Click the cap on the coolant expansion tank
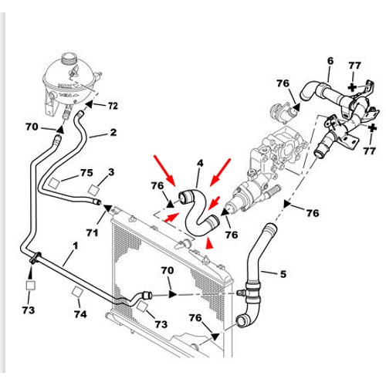click(x=69, y=59)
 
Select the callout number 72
click(x=113, y=106)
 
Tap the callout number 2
click(x=113, y=132)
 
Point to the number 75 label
click(x=86, y=173)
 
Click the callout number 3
click(x=111, y=172)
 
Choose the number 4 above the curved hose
click(x=200, y=163)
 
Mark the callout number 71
click(x=92, y=232)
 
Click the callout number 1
click(x=76, y=245)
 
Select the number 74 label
click(x=80, y=314)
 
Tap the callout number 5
click(x=283, y=274)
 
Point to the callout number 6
click(x=330, y=61)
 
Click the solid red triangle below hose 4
click(x=209, y=244)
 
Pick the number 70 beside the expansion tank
click(x=32, y=127)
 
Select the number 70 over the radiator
click(x=168, y=270)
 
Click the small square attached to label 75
click(x=54, y=183)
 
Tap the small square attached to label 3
click(x=93, y=190)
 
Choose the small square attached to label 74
click(x=77, y=292)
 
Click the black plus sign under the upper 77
click(x=352, y=87)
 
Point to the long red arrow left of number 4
click(x=164, y=171)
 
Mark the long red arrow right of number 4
click(x=220, y=172)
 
